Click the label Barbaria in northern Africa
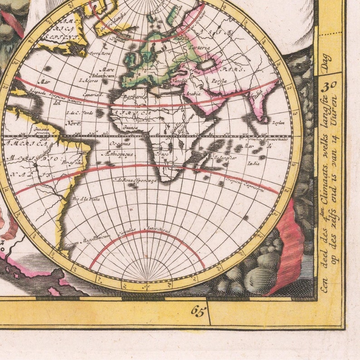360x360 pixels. [136, 97]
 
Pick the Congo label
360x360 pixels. [160, 154]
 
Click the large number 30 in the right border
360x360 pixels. [331, 85]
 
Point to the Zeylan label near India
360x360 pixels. [278, 123]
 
